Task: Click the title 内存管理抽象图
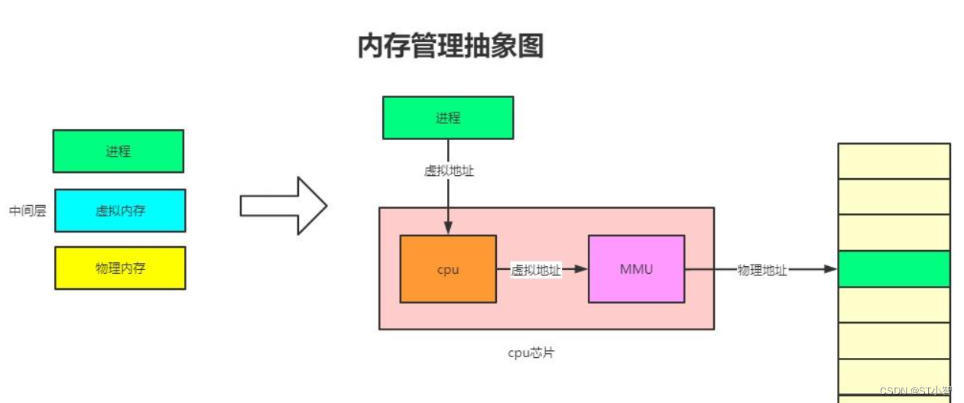coord(450,47)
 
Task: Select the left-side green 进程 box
coord(118,151)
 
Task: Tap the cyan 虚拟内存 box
coord(120,210)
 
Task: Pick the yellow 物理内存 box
coord(120,268)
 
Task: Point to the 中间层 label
coord(28,211)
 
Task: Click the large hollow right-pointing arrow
coord(284,206)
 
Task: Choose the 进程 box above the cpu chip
coord(448,118)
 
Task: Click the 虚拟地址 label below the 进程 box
coord(449,171)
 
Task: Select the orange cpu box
coord(448,269)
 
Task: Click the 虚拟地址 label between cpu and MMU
coord(536,270)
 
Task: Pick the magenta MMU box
coord(636,269)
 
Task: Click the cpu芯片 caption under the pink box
coord(531,353)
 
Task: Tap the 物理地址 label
coord(761,270)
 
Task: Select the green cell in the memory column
coord(894,269)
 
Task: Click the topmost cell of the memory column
coord(894,161)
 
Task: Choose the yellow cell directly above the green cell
coord(894,232)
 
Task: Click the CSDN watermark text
coord(915,391)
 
